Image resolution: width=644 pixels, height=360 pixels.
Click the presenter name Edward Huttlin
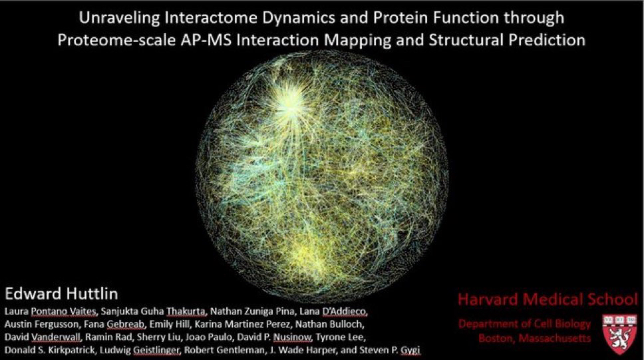point(61,294)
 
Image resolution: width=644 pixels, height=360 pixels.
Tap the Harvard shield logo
point(620,333)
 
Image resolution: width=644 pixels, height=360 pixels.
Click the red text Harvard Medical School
point(548,299)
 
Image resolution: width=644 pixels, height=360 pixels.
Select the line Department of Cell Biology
point(524,324)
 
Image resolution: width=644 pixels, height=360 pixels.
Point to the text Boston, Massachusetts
point(534,338)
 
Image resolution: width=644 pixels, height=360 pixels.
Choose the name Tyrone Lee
point(340,337)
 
